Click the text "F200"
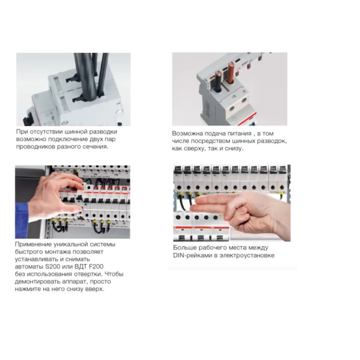tap(96, 266)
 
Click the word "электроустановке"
tap(247, 256)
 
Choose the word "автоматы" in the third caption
tap(26, 266)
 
